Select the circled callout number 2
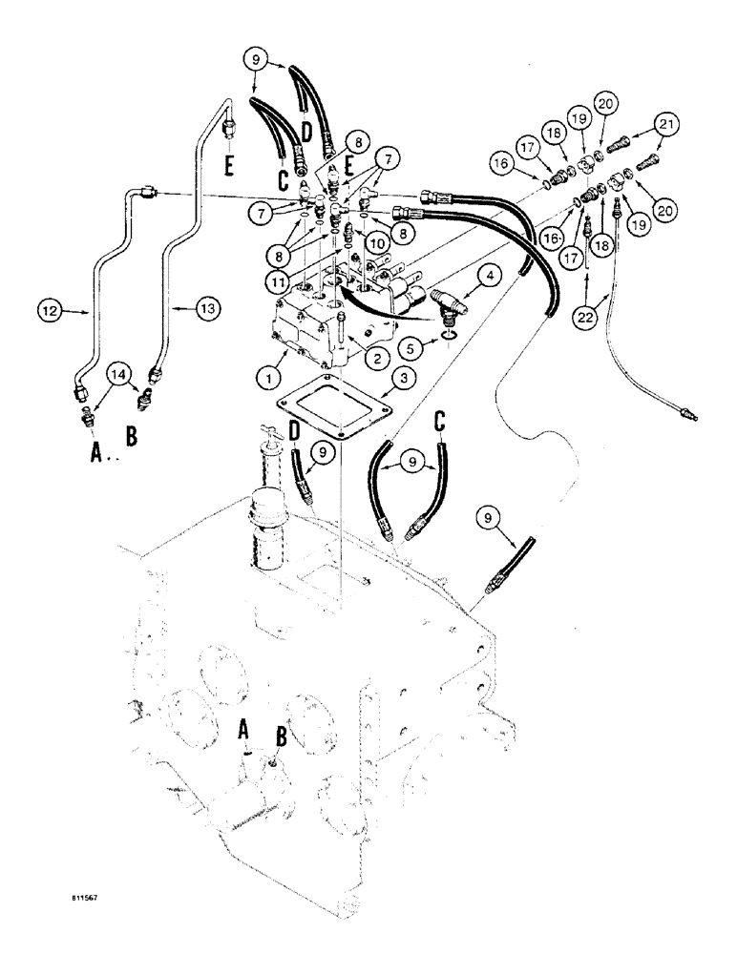(x=374, y=358)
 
